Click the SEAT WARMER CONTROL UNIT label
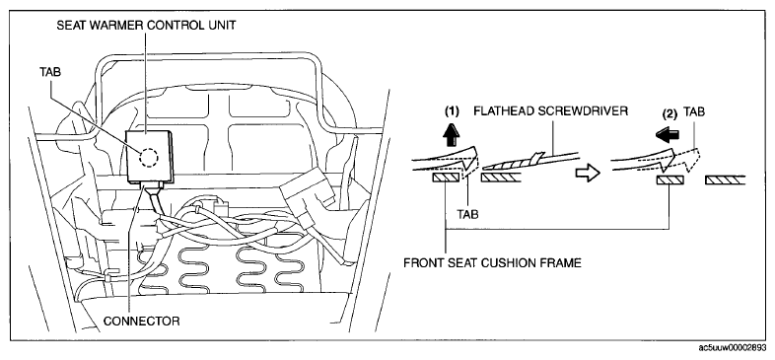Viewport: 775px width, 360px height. (x=146, y=26)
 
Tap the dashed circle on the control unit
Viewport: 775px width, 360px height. (x=148, y=158)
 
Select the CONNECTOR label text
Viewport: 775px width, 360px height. (x=141, y=321)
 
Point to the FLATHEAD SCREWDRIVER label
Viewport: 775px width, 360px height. (x=550, y=111)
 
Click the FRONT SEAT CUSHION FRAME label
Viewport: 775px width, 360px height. (x=492, y=262)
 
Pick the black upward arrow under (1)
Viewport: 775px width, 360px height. (x=452, y=135)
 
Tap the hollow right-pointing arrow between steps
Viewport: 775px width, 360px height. (x=588, y=173)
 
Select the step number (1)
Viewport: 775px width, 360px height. (x=452, y=111)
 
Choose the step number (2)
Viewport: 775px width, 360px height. (x=669, y=113)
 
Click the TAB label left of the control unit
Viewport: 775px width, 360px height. (x=50, y=72)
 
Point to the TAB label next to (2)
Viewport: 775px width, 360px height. (x=694, y=112)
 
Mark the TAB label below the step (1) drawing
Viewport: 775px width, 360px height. (x=467, y=214)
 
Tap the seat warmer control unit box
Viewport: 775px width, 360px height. (x=149, y=156)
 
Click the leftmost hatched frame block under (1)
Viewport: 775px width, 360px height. (x=447, y=178)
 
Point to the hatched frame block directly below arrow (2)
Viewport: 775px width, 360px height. (x=670, y=180)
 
